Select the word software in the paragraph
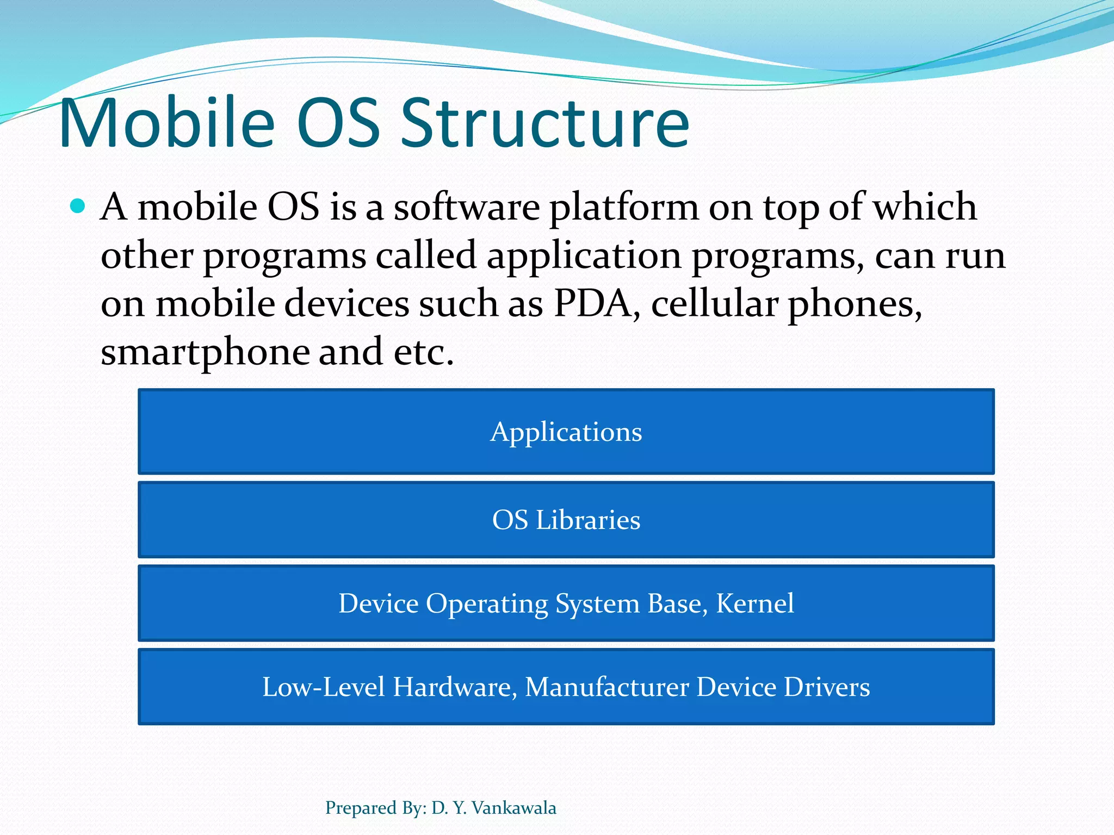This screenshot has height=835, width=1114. [466, 208]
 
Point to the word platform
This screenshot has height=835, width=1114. [624, 209]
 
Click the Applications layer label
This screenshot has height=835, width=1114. [566, 433]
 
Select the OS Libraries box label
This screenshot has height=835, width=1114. [566, 520]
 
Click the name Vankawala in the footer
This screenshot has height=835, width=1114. [513, 808]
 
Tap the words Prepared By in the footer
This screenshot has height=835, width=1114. [375, 808]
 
